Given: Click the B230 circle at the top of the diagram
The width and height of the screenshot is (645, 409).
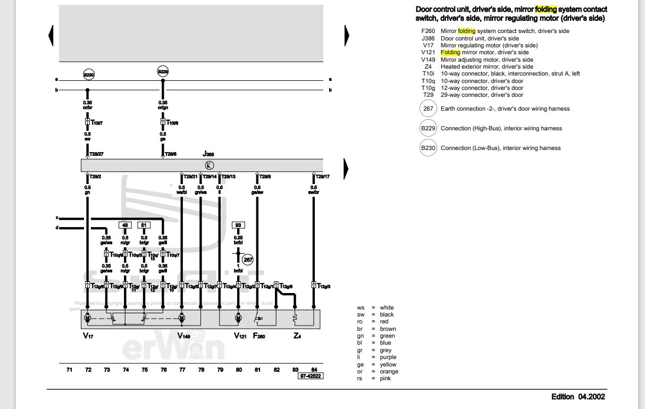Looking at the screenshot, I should pos(88,75).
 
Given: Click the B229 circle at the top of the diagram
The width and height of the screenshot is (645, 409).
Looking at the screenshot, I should pos(163,72).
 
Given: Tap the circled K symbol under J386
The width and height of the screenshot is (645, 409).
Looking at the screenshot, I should pos(210,165).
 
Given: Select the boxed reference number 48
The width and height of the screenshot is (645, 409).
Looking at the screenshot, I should pos(125,225).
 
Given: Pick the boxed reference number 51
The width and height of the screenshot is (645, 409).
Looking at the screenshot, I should pos(144,225).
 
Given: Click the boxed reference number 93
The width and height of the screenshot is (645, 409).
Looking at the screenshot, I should pos(239,225).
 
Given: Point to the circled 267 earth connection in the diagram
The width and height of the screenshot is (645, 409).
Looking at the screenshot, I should pos(248,260).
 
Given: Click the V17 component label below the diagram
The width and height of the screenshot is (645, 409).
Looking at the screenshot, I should pos(88,336).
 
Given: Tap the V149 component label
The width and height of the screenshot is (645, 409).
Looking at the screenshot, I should pos(183,336).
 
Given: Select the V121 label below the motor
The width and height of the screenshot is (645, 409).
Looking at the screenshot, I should pos(240,336).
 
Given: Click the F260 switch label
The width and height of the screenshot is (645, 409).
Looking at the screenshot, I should pos(259,336).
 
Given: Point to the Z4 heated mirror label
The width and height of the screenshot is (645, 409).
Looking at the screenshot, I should pos(297,336).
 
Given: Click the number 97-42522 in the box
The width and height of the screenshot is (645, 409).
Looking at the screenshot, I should pos(311,376).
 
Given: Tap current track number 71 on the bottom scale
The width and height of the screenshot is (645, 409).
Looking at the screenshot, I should pos(69,370).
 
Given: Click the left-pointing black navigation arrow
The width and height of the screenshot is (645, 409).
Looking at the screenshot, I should pos(51,36).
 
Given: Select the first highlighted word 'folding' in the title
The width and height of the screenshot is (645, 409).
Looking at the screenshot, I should pos(546,10).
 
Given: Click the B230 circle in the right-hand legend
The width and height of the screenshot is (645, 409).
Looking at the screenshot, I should pos(428,148).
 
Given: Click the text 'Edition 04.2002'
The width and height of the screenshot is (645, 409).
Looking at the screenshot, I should pos(578,396).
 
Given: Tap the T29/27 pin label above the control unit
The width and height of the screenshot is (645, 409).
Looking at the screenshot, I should pos(96,154).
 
